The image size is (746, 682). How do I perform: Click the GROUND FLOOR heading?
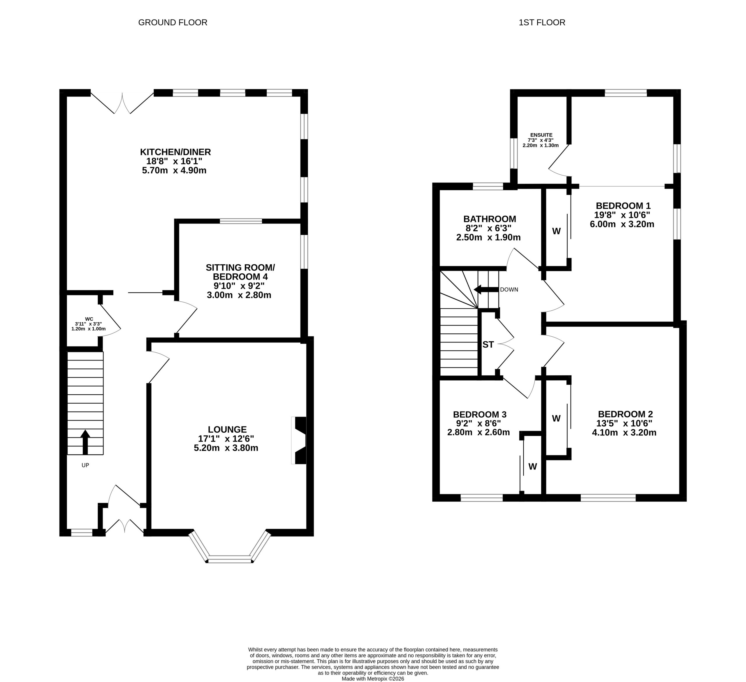pos(173,22)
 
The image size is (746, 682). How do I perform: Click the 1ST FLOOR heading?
pos(542,22)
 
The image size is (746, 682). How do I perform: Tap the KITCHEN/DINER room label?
pos(175,152)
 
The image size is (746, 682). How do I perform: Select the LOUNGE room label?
pos(227,429)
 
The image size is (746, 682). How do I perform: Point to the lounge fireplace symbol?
pos(299,440)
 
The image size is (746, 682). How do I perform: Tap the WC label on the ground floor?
pos(89,319)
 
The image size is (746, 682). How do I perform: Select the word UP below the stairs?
pos(85,465)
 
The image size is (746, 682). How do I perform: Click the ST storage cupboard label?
pos(488,344)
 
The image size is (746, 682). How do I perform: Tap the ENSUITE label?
pos(541,135)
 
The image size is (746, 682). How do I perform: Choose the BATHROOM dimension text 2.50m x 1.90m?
pos(488,238)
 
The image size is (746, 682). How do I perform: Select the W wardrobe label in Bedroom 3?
pos(532,467)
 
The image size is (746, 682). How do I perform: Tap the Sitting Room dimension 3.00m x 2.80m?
pos(239,295)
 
